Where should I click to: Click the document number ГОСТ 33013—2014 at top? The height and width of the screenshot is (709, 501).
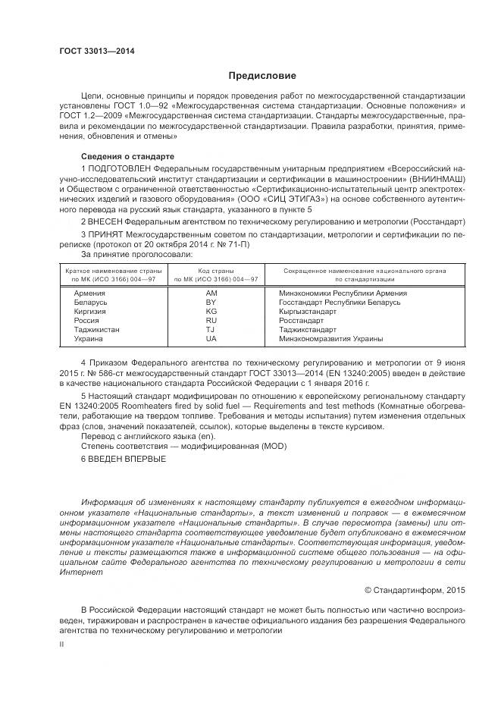pyautogui.click(x=91, y=50)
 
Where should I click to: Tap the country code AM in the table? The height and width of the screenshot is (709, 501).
pyautogui.click(x=211, y=293)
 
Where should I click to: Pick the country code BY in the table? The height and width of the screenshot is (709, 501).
pyautogui.click(x=211, y=302)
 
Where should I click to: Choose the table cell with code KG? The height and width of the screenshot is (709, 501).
pyautogui.click(x=211, y=311)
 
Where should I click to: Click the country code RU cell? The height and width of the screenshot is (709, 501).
pyautogui.click(x=211, y=320)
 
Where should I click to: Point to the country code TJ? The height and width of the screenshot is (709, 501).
pyautogui.click(x=211, y=330)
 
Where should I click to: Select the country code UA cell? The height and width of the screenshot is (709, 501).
pyautogui.click(x=211, y=339)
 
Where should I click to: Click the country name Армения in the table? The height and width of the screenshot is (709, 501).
pyautogui.click(x=90, y=293)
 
